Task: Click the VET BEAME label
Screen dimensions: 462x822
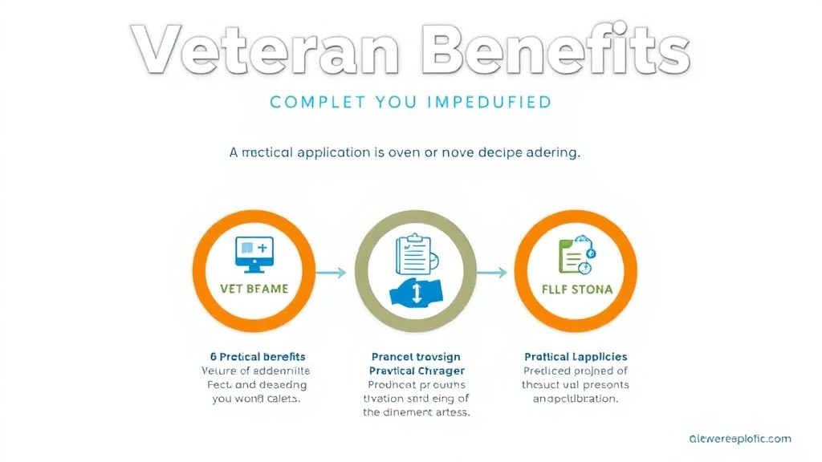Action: point(254,288)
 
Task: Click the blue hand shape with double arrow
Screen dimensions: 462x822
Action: point(416,292)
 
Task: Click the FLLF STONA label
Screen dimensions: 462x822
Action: point(576,289)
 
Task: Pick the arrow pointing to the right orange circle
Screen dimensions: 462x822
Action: point(491,273)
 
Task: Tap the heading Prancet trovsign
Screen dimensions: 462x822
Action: point(415,356)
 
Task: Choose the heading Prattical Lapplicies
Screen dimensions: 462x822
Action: point(576,356)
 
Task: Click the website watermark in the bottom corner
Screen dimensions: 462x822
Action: point(739,439)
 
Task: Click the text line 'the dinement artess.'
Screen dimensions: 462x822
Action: point(415,412)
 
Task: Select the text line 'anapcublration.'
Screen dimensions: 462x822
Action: point(576,399)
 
